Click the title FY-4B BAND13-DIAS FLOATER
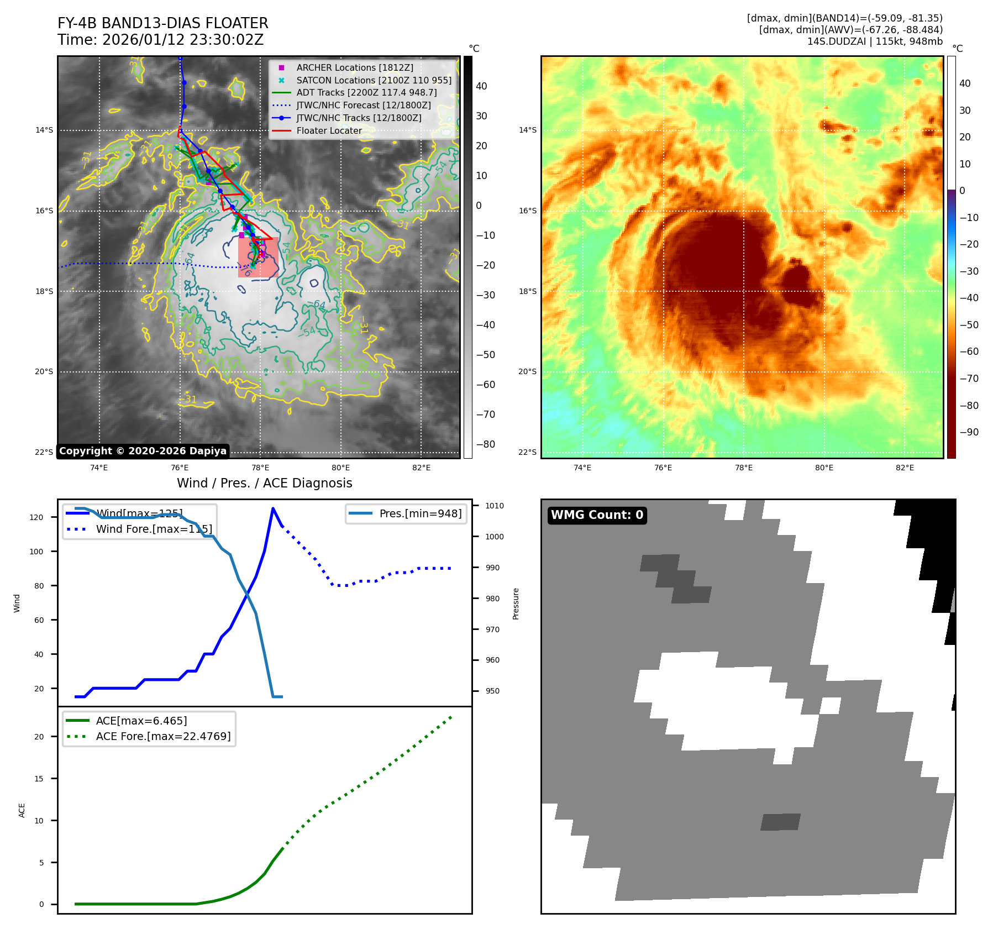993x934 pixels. click(x=162, y=23)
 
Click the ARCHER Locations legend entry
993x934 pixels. click(x=354, y=67)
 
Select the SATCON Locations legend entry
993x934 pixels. click(x=374, y=80)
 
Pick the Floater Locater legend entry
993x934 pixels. click(x=329, y=130)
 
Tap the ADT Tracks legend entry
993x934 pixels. click(x=366, y=93)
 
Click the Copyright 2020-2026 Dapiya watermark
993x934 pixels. click(x=143, y=451)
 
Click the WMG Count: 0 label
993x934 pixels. click(x=597, y=515)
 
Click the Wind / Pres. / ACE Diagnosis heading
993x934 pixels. click(x=264, y=483)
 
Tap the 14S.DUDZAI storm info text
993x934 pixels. click(x=874, y=41)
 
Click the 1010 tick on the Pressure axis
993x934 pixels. click(x=495, y=506)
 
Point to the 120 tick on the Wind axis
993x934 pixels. click(x=36, y=517)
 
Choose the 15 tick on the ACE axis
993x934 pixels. click(x=39, y=779)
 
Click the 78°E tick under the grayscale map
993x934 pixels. click(x=260, y=468)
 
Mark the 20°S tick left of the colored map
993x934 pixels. click(x=527, y=371)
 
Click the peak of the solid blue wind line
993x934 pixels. click(x=273, y=508)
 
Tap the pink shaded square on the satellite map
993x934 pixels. click(x=258, y=258)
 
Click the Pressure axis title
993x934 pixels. click(x=516, y=604)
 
